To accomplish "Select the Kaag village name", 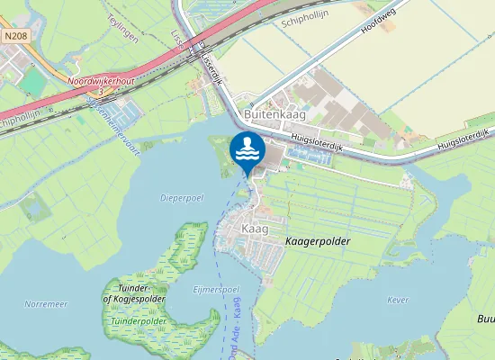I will (255, 230).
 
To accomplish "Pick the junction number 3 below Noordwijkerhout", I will (103, 90).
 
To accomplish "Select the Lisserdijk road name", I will (210, 65).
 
